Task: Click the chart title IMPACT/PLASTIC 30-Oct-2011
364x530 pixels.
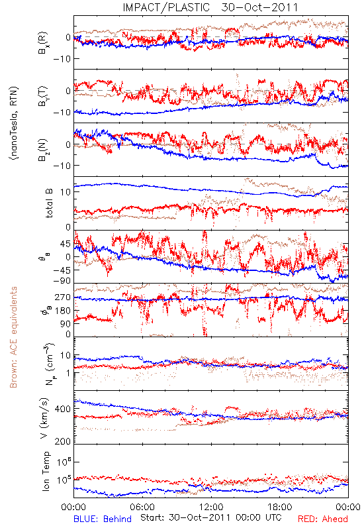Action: (x=210, y=7)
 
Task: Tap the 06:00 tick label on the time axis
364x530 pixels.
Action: (x=142, y=507)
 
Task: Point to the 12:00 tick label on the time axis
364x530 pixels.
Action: (x=211, y=507)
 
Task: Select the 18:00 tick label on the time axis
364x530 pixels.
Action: (x=280, y=507)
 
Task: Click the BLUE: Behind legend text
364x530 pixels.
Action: (x=103, y=519)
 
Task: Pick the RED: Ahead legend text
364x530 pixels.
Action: (x=323, y=519)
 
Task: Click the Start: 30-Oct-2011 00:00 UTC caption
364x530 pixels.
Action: (x=210, y=517)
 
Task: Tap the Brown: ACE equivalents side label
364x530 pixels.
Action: (x=13, y=337)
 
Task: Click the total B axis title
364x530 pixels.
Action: (x=49, y=203)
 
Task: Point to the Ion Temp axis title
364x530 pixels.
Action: (x=46, y=471)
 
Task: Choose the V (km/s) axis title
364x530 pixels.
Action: (x=45, y=418)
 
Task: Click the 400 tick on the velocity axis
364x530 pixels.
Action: (x=62, y=409)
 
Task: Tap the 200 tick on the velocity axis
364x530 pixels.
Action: (x=62, y=441)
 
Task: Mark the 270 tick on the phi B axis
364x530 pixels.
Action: (x=62, y=297)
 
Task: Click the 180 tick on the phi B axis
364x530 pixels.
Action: (x=62, y=311)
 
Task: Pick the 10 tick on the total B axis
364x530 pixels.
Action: (x=66, y=192)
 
